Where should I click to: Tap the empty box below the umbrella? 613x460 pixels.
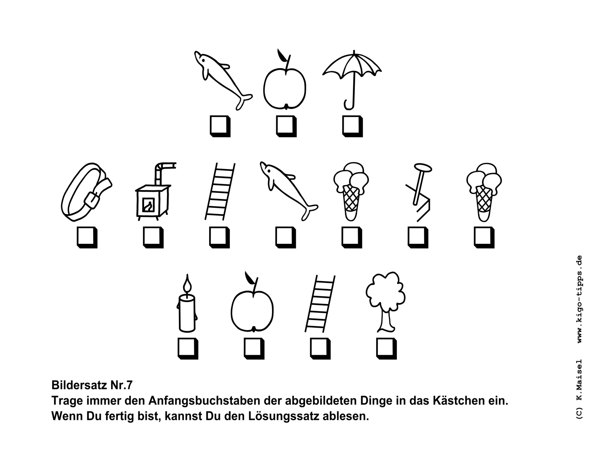click(x=352, y=126)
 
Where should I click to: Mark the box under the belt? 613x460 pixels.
click(x=87, y=237)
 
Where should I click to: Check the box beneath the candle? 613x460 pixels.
click(x=188, y=348)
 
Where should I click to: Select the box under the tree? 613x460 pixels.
click(x=387, y=348)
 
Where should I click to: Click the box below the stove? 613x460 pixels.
click(x=153, y=237)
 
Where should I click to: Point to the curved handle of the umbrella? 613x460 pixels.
click(x=349, y=105)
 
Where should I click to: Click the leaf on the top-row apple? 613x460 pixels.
click(x=282, y=55)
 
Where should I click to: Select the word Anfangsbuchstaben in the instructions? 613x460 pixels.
click(x=206, y=401)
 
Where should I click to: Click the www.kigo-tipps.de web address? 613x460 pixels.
click(x=580, y=299)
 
